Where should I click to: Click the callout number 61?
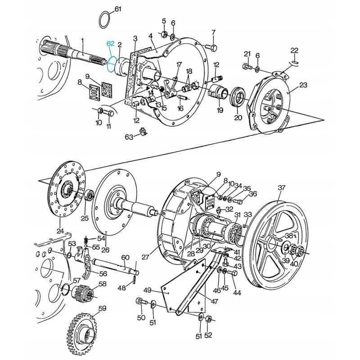coord(118,9)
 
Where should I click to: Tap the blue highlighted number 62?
coord(111,44)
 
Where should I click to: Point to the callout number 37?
coord(281,188)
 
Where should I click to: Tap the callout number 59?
coord(102,309)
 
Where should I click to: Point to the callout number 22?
coord(294,50)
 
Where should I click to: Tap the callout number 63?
coord(129,137)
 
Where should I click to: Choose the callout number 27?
coord(145,257)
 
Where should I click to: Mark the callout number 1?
coord(83,40)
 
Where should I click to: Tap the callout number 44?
coord(237,293)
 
